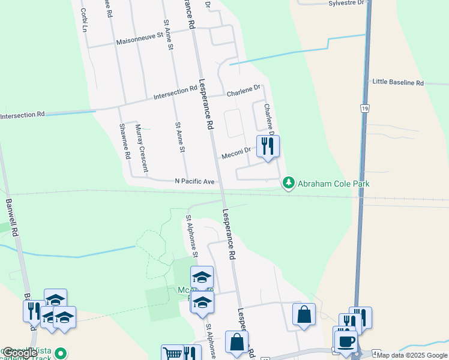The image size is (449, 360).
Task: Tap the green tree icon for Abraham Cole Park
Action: [x=289, y=182]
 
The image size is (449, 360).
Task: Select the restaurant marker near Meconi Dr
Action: [x=268, y=146]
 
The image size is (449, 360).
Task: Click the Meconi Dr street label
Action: [x=235, y=155]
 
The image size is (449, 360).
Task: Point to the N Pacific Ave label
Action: [x=194, y=181]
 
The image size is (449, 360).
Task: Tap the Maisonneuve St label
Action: [x=139, y=40]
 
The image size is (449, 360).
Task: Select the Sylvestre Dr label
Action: [x=346, y=3]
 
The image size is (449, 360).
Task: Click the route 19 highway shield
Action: [x=364, y=108]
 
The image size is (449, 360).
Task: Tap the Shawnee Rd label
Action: [x=124, y=140]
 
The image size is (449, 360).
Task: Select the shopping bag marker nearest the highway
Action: [x=304, y=314]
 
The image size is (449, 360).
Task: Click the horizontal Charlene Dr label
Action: [x=243, y=91]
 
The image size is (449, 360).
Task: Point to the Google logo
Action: [x=19, y=353]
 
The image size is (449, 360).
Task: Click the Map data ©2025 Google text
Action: [x=412, y=355]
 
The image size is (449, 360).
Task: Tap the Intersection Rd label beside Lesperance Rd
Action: [x=175, y=94]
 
